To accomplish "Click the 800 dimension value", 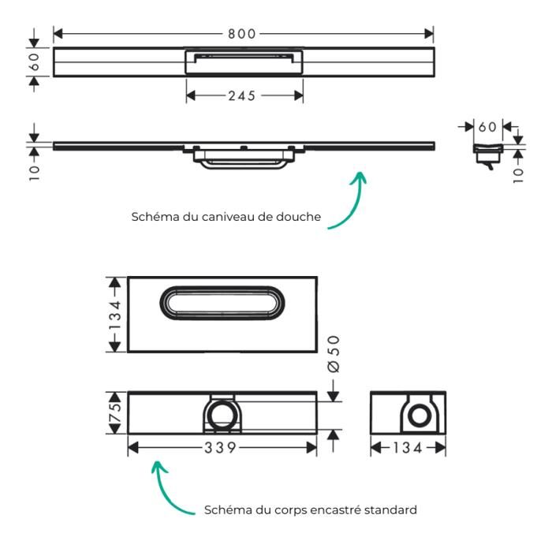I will click(243, 34).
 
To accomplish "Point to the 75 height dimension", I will click(116, 412).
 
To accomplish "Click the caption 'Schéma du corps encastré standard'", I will click(310, 510).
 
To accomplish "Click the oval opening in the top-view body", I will click(222, 304).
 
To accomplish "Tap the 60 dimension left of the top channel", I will click(35, 62).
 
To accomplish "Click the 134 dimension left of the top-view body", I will click(115, 315).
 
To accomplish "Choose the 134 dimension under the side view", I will click(408, 448).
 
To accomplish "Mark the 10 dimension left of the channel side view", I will click(35, 171).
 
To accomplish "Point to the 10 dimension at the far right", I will click(517, 173).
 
